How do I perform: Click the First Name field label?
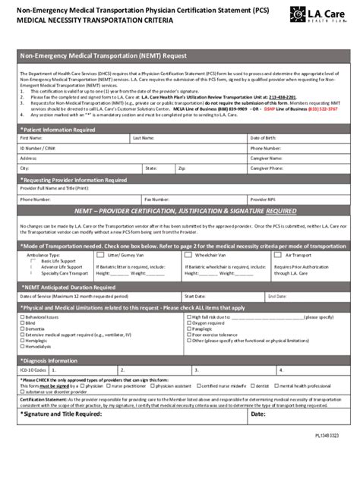point(31,139)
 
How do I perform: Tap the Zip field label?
point(182,168)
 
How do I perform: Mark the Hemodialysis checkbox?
point(22,347)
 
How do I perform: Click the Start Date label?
point(195,296)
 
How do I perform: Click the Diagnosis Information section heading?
point(52,360)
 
